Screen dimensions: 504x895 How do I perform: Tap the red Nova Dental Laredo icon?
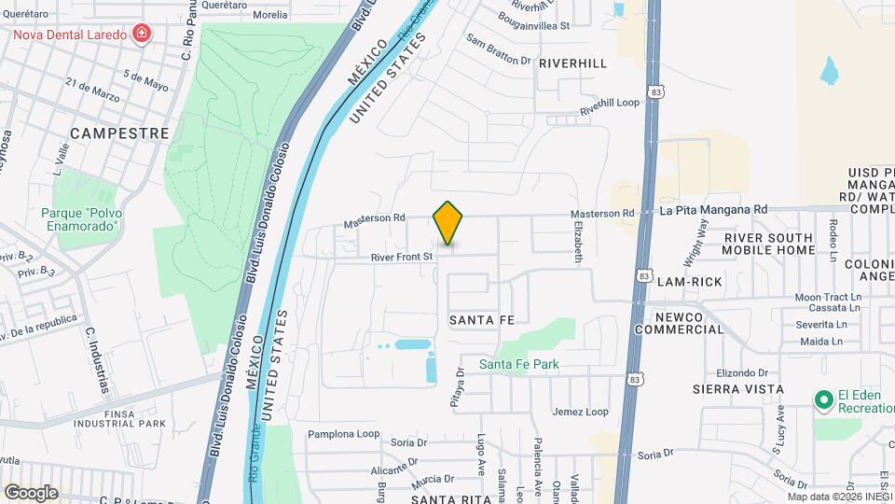tap(142, 35)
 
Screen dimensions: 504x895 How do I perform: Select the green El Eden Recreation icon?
tap(823, 400)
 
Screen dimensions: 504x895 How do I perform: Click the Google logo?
tap(31, 492)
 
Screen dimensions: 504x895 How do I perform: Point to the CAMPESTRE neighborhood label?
tap(119, 133)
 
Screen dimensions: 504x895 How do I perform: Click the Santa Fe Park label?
tap(519, 364)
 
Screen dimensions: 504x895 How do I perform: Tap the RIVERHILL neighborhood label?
tap(572, 63)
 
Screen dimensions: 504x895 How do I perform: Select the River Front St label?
tap(402, 257)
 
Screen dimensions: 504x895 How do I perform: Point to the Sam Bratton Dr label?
tap(498, 50)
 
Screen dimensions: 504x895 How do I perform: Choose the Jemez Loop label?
tap(580, 412)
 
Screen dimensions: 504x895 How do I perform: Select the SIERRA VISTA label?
tap(737, 388)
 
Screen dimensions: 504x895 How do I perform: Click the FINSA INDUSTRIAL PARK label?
tap(122, 417)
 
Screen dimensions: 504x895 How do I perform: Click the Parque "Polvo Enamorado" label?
tap(81, 219)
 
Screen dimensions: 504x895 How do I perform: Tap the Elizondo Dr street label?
tap(743, 371)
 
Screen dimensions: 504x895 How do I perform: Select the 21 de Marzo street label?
tap(92, 91)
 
